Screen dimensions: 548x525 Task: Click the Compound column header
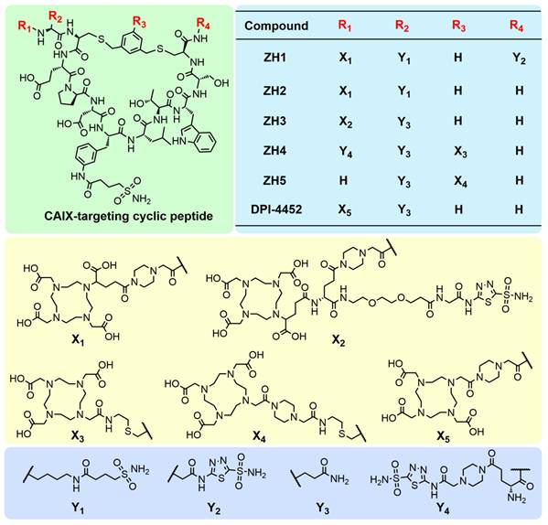coord(276,26)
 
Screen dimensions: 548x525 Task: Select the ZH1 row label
coord(274,58)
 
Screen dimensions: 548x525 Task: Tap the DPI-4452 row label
coord(276,209)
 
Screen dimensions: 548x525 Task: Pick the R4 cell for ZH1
coord(519,59)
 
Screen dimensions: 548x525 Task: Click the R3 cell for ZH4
coord(460,152)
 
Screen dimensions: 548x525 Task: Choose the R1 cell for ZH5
coord(344,180)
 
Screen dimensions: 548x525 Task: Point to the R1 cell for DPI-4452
coord(345,210)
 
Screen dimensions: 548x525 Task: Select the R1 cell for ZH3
coord(345,122)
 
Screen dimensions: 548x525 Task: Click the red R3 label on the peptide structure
coord(139,23)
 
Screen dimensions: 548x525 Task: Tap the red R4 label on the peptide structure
coord(203,24)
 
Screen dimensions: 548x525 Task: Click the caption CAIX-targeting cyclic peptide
coord(129,216)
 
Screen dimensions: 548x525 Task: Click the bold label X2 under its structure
coord(338,340)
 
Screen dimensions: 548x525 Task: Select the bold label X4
coord(260,436)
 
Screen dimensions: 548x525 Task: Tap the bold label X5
coord(443,436)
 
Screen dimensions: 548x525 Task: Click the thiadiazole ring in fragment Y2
coord(220,470)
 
